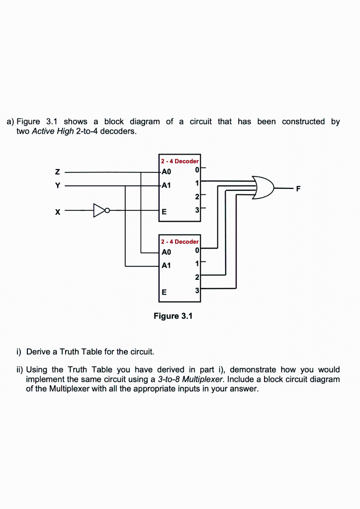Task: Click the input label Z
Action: [x=58, y=172]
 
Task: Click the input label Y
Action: [x=58, y=185]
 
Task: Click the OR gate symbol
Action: [x=263, y=188]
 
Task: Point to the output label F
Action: [x=298, y=188]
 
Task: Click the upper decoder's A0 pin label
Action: [x=166, y=172]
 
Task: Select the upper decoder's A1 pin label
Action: [x=166, y=185]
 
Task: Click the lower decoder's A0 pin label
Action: [x=166, y=252]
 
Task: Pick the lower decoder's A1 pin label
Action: [x=166, y=265]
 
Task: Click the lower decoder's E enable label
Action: [x=164, y=291]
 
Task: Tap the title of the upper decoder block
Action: [x=180, y=161]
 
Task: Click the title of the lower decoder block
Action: [x=180, y=242]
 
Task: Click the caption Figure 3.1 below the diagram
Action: [x=173, y=316]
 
